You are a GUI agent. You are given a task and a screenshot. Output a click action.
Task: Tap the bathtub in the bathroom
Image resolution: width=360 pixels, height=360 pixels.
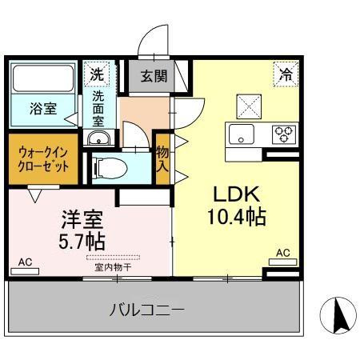[x=43, y=79]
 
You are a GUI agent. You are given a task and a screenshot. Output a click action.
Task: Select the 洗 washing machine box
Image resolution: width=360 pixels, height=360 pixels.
[x=96, y=74]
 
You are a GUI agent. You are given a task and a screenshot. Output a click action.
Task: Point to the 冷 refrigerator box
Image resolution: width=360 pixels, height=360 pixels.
[x=285, y=74]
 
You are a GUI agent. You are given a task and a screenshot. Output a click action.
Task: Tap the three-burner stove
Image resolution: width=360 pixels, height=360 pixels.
[x=283, y=134]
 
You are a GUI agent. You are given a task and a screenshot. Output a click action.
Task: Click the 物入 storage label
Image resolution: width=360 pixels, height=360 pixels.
[x=162, y=159]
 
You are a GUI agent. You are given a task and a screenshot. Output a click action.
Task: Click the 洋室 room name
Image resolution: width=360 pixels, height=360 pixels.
[x=80, y=218]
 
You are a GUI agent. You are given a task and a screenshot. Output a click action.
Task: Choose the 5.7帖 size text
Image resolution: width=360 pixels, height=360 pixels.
[x=80, y=239]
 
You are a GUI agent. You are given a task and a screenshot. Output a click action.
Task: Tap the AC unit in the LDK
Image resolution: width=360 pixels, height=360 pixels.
[x=282, y=258]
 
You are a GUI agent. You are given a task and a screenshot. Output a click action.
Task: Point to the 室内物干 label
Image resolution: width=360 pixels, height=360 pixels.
[x=113, y=267]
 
